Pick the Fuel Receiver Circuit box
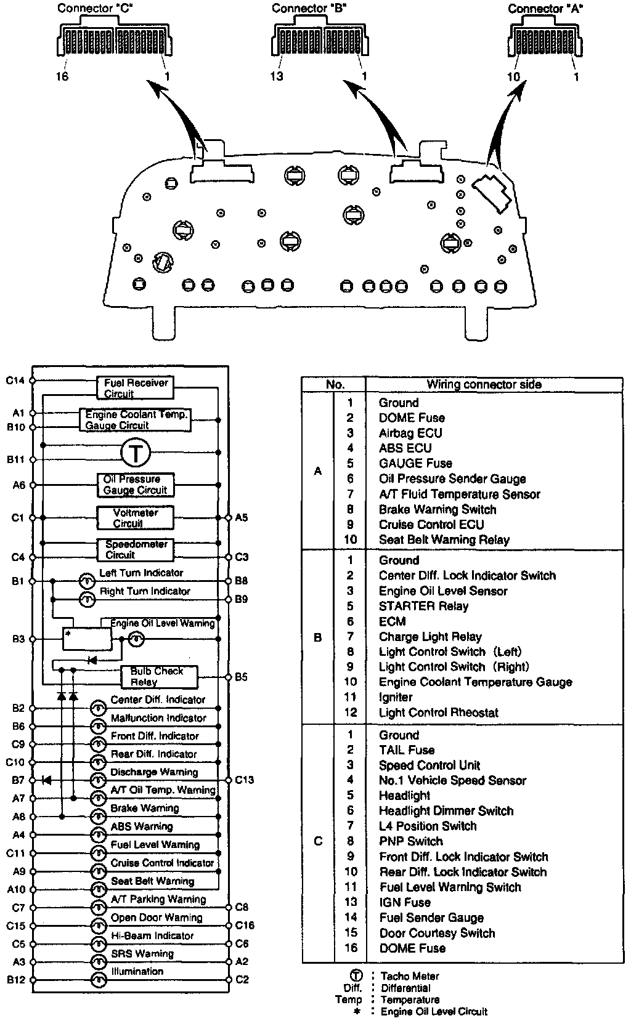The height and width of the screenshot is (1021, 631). coord(135,388)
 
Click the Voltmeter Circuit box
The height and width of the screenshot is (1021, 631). coord(135,518)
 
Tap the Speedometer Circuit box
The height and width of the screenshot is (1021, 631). coord(135,549)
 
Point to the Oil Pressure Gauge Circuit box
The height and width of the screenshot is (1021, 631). coord(135,485)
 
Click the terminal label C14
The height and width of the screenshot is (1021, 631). coord(15,381)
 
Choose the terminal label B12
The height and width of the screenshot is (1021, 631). coord(15,979)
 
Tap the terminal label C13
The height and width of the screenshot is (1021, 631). coord(244,780)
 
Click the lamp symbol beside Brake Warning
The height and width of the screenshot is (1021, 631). coord(99,817)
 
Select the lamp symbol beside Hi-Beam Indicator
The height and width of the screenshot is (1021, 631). coord(99,944)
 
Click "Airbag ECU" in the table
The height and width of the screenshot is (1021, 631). coord(410,433)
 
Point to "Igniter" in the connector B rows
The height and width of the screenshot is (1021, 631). coord(396,697)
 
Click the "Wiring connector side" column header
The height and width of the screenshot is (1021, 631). coord(484,384)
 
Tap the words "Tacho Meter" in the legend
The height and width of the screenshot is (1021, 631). coord(410,976)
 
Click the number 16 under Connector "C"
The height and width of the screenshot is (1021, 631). coord(62,77)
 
